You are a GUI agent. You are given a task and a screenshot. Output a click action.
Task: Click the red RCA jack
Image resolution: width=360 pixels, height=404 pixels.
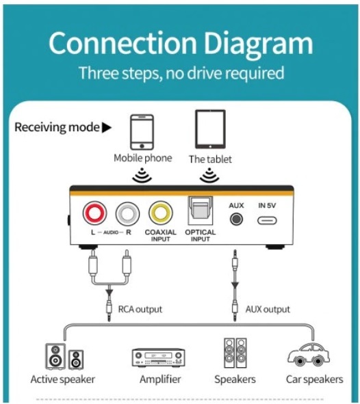click(x=94, y=213)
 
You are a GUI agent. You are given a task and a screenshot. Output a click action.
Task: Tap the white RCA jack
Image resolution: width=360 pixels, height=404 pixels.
click(x=127, y=213)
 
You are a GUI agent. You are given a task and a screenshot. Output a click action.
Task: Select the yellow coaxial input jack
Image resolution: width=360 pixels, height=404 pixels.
click(x=161, y=213)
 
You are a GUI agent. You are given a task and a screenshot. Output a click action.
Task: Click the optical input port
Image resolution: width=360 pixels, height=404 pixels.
click(x=201, y=211)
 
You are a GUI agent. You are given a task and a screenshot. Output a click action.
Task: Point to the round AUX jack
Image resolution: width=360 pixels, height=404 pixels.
click(x=236, y=219)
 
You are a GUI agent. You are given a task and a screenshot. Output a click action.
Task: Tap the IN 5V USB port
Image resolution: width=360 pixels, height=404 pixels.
click(x=267, y=221)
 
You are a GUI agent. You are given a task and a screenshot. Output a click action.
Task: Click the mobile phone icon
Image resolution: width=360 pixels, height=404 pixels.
click(x=142, y=132)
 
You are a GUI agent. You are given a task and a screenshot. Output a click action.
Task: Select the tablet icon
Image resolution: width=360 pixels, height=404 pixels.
click(x=210, y=129)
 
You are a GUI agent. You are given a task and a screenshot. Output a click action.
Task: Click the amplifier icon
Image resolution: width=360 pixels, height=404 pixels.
click(x=158, y=358)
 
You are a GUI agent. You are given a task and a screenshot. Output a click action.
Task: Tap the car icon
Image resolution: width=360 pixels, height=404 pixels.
click(x=309, y=355)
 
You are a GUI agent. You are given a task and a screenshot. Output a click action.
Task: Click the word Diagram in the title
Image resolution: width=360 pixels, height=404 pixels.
click(x=259, y=43)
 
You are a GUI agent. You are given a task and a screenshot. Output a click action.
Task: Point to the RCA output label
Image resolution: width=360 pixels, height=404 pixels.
click(x=140, y=309)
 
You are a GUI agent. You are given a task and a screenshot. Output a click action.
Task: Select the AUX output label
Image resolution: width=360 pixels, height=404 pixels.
click(x=268, y=309)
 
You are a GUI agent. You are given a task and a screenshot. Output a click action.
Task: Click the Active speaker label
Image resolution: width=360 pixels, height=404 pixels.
click(x=63, y=379)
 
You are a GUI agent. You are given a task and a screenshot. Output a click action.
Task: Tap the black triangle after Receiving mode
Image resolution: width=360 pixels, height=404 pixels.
click(x=107, y=128)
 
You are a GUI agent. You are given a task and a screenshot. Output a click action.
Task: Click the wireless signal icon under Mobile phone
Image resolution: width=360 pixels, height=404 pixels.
click(x=142, y=176)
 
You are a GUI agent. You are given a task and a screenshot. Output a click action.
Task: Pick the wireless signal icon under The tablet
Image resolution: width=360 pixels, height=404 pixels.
click(x=209, y=176)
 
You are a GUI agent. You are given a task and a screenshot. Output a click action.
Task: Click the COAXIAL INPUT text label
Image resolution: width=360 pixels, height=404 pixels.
click(x=160, y=235)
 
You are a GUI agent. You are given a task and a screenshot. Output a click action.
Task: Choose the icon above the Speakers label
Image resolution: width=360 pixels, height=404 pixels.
click(x=235, y=353)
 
